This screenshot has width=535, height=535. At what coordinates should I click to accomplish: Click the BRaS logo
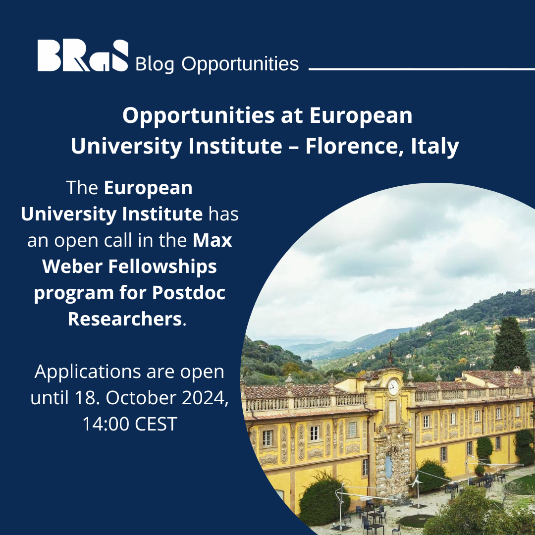tap(83, 55)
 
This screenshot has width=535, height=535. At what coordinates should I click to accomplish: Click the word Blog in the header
tap(155, 64)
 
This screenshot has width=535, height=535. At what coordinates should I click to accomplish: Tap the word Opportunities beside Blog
tap(240, 64)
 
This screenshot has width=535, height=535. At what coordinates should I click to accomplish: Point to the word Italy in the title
tap(435, 147)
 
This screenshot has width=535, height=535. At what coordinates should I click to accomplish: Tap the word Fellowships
tap(163, 267)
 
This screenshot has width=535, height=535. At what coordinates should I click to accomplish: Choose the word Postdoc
tap(189, 292)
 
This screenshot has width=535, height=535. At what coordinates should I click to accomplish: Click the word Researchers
tap(125, 319)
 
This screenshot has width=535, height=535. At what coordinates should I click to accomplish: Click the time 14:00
tap(106, 424)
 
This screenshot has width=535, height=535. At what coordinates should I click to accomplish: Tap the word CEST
tap(156, 424)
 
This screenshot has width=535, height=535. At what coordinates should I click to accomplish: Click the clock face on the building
tap(393, 387)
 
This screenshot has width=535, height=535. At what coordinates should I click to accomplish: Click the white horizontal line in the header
tap(422, 69)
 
